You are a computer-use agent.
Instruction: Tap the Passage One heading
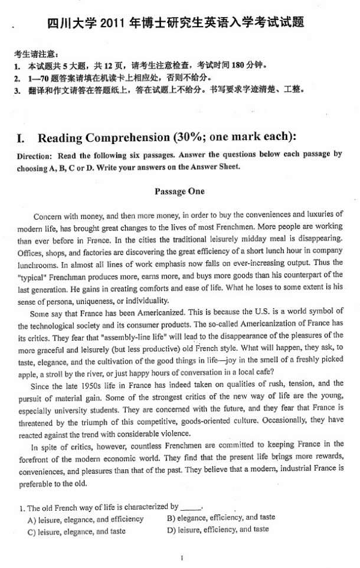pos(179,191)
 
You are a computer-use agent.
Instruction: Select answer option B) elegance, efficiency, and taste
pos(221,518)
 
